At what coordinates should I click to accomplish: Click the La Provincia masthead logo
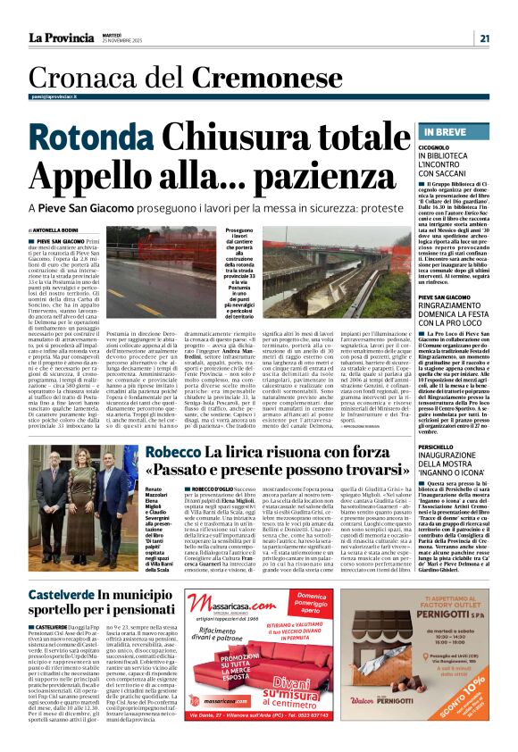pyautogui.click(x=63, y=38)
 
